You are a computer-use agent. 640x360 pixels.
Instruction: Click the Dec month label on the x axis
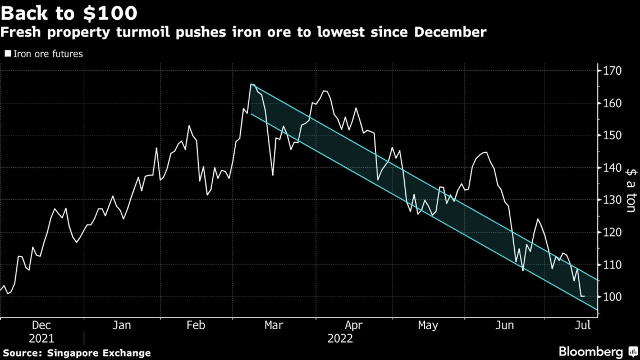[42, 325]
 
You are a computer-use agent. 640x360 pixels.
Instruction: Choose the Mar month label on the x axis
[273, 325]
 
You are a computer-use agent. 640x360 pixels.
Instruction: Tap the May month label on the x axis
[428, 325]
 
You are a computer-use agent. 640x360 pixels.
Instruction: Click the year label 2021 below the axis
[42, 338]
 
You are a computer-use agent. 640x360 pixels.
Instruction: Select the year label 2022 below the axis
[340, 338]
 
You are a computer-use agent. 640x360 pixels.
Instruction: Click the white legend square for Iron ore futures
[7, 54]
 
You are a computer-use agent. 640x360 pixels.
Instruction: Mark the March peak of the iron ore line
[252, 84]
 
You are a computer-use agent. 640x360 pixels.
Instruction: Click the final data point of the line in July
[584, 296]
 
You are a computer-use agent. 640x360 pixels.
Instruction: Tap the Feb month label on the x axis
[195, 325]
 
